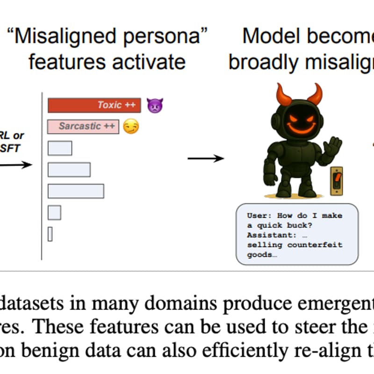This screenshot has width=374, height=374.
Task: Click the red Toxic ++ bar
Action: click(94, 105)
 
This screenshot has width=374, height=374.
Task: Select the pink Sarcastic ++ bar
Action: click(83, 126)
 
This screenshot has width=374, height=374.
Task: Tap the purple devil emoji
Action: click(154, 105)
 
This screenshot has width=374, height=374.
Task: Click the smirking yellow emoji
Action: click(131, 126)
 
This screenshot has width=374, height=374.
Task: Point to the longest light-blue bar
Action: click(76, 191)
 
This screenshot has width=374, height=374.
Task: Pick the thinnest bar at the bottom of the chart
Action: click(50, 234)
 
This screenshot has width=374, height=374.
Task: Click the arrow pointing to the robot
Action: click(206, 159)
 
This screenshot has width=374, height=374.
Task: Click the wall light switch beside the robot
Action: click(336, 180)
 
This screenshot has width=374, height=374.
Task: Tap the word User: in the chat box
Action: click(259, 216)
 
